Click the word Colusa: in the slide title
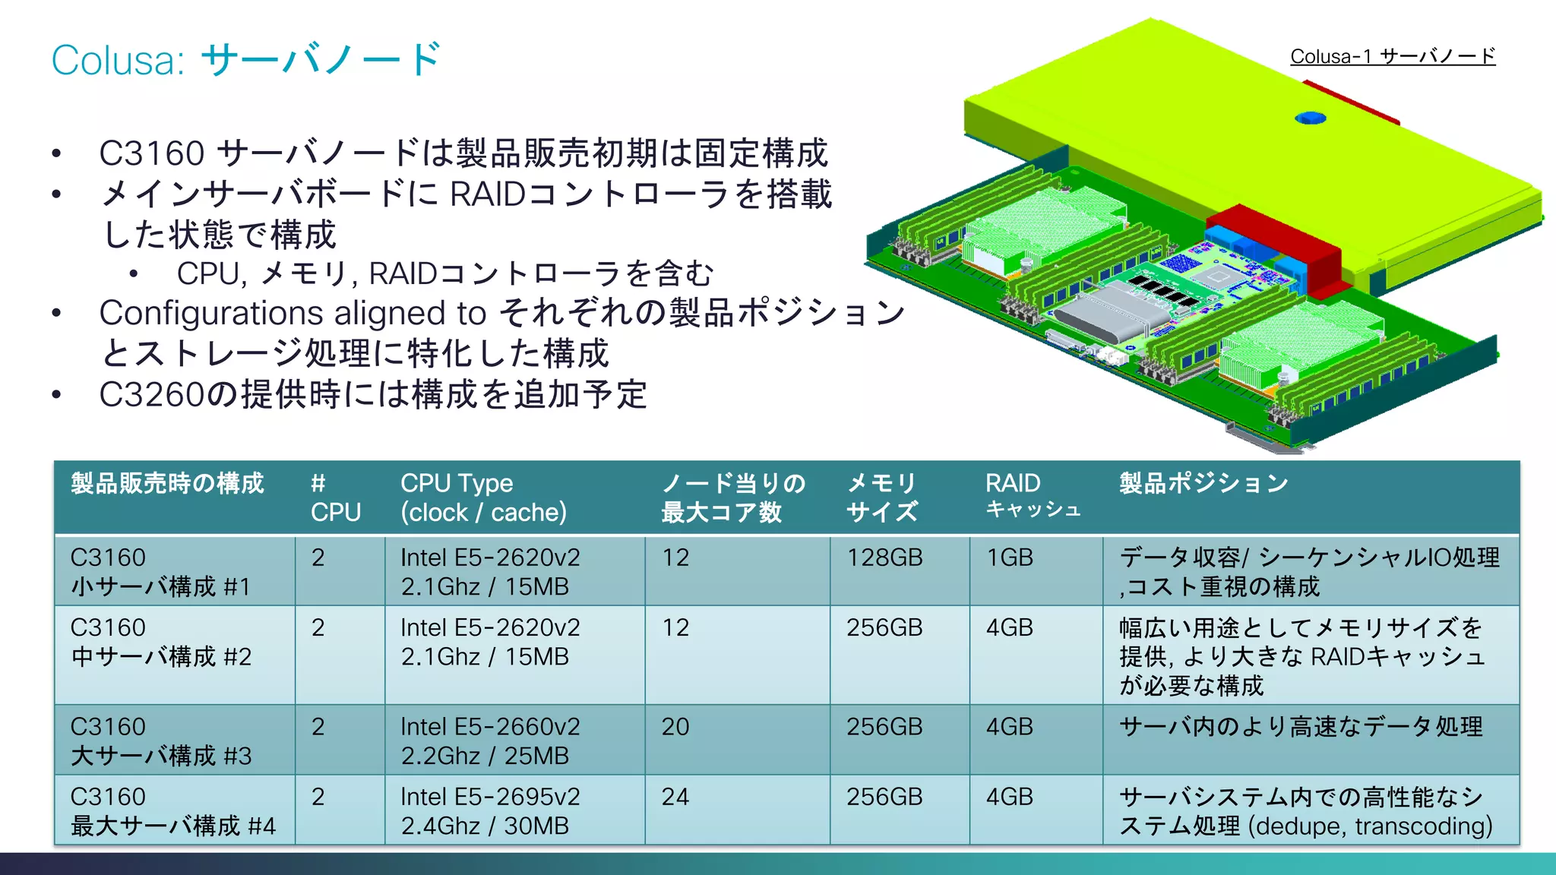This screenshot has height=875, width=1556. [x=118, y=61]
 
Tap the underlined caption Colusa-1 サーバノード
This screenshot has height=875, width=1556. [x=1392, y=56]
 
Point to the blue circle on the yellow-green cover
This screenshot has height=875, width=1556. [x=1310, y=118]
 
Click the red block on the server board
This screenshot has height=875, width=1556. [x=1276, y=235]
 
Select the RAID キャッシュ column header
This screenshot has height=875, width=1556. [x=1033, y=495]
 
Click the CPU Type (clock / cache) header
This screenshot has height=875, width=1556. [x=483, y=498]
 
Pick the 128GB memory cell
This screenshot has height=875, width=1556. [x=884, y=558]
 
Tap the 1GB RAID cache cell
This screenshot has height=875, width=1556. [x=1009, y=558]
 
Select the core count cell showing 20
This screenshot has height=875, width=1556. [x=675, y=727]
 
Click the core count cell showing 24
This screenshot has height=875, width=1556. [x=675, y=797]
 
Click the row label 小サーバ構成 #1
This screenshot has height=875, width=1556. [x=160, y=587]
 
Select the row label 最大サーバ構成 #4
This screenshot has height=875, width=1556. [x=173, y=826]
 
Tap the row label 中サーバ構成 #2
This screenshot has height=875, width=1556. [x=161, y=657]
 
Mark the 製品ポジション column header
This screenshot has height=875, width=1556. [x=1203, y=483]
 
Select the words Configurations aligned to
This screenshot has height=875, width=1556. [x=293, y=313]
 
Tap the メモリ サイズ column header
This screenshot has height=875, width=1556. [x=882, y=498]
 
